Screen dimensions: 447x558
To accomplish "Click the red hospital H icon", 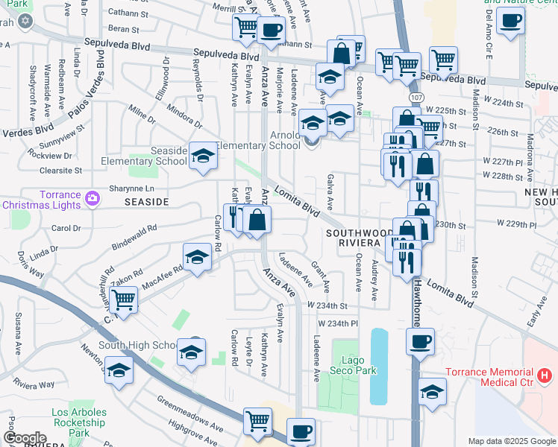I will point(545,375).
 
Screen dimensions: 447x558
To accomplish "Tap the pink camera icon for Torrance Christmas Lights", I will point(92,198).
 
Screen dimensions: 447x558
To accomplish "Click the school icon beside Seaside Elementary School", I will point(201,156).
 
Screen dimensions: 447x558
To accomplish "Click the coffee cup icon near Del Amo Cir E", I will point(510,20).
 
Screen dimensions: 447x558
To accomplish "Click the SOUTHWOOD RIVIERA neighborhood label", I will point(360,238).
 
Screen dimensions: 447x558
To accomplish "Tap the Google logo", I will point(25,438).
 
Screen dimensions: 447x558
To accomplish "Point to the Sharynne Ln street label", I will point(132,188).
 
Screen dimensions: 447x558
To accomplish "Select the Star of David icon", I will point(25,20).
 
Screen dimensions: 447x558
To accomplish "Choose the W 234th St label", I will point(333,306).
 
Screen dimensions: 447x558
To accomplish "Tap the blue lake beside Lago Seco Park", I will point(380,365).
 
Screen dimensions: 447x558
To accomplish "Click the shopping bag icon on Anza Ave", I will point(257,220).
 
